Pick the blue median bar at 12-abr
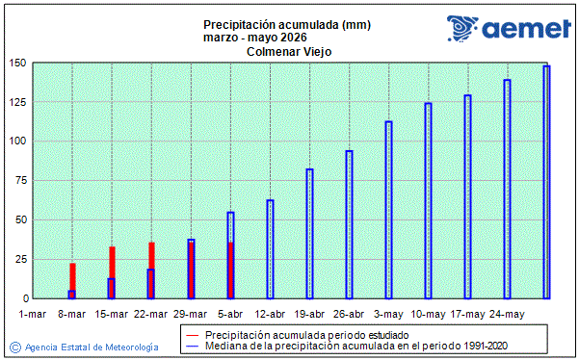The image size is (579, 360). [x=271, y=249]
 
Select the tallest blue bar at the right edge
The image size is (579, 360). [x=546, y=182]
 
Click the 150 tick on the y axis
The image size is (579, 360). [x=16, y=63]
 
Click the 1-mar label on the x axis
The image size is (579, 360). [x=33, y=314]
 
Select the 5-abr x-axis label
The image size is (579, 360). [x=230, y=314]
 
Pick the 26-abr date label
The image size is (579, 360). [x=349, y=314]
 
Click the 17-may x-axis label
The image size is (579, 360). [x=467, y=314]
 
